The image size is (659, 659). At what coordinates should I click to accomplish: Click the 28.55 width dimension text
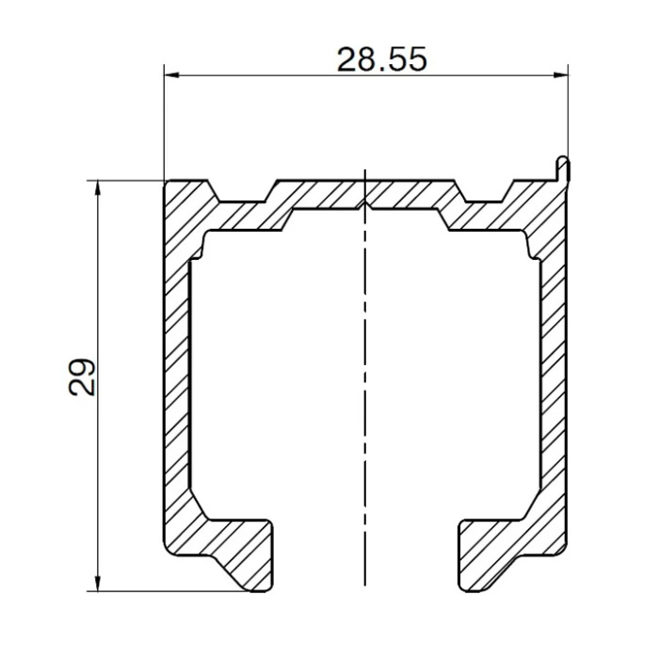click(x=382, y=59)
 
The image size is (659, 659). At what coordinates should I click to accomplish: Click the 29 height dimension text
click(x=83, y=377)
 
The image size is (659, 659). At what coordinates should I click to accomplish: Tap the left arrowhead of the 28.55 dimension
click(x=172, y=75)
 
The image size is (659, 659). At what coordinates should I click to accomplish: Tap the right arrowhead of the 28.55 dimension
click(x=560, y=75)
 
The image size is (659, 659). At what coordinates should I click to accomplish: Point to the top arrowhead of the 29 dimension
click(x=98, y=188)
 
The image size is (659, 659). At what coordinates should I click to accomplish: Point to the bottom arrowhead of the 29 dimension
click(x=98, y=584)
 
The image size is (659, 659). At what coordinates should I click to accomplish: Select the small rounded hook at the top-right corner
click(x=563, y=169)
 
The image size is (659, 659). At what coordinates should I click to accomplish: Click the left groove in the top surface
click(x=243, y=193)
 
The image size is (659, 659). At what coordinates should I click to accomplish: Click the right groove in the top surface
click(x=485, y=193)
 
